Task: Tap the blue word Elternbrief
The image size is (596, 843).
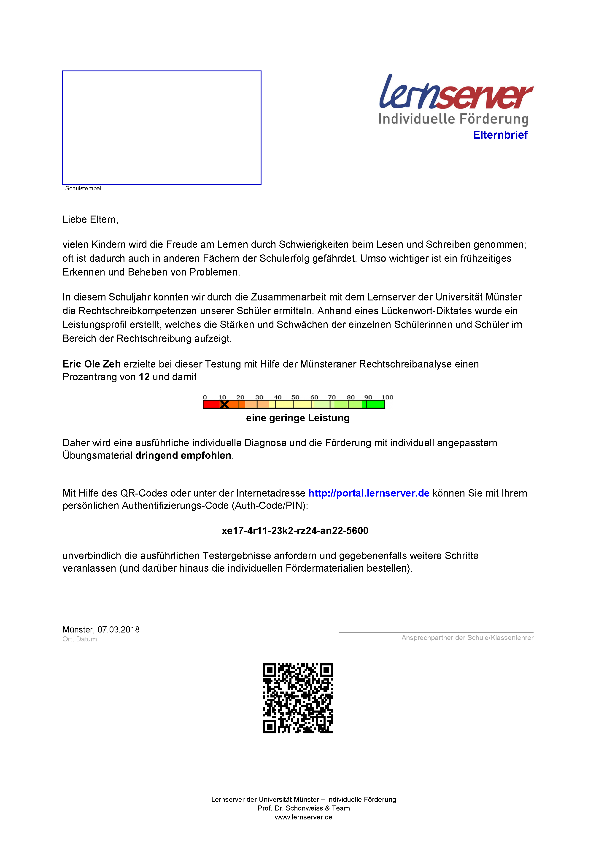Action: point(500,135)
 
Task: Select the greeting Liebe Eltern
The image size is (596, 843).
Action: point(90,220)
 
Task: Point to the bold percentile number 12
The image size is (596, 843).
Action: point(144,377)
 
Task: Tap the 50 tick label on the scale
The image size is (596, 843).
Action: point(295,397)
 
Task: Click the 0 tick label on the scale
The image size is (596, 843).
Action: point(205,397)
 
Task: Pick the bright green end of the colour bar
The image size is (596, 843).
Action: point(375,404)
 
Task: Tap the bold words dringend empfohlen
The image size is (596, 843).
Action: point(183,455)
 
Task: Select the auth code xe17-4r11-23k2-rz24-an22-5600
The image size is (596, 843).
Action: point(295,531)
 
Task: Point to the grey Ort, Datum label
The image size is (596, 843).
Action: point(80,639)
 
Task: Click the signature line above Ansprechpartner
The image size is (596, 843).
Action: point(436,632)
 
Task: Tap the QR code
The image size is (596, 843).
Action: point(298,698)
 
